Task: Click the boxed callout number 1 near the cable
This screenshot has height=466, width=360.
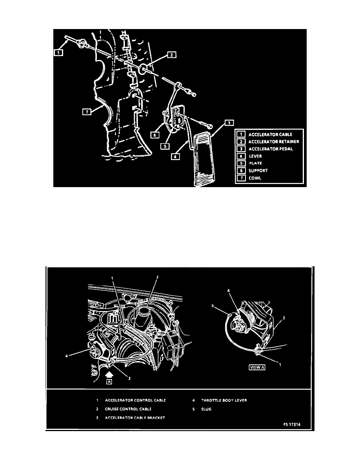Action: [x=58, y=53]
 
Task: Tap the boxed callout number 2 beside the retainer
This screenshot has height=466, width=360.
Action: [x=172, y=55]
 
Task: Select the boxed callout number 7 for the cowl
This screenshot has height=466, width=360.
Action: [x=87, y=112]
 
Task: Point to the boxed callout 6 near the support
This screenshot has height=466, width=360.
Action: [x=155, y=135]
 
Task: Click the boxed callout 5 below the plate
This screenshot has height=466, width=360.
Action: [x=165, y=146]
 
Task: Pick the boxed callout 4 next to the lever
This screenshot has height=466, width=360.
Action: [x=175, y=156]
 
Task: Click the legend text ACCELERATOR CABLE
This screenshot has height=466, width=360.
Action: [x=270, y=135]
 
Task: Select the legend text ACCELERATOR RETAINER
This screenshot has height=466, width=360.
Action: [x=274, y=142]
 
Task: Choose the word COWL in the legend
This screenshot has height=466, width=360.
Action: [x=255, y=178]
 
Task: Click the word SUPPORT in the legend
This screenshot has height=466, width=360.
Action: [x=258, y=171]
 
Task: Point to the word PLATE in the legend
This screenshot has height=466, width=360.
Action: [x=255, y=163]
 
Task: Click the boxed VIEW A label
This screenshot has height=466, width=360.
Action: [x=257, y=367]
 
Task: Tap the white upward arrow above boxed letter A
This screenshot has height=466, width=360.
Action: [x=109, y=375]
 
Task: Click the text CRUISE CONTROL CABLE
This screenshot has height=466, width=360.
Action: [x=128, y=409]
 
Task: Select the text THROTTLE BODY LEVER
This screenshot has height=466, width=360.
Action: [x=224, y=400]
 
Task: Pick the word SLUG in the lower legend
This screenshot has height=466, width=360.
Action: [x=206, y=409]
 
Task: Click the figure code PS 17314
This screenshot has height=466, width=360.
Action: [x=292, y=424]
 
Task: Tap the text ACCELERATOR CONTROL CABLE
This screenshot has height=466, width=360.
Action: [x=135, y=400]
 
